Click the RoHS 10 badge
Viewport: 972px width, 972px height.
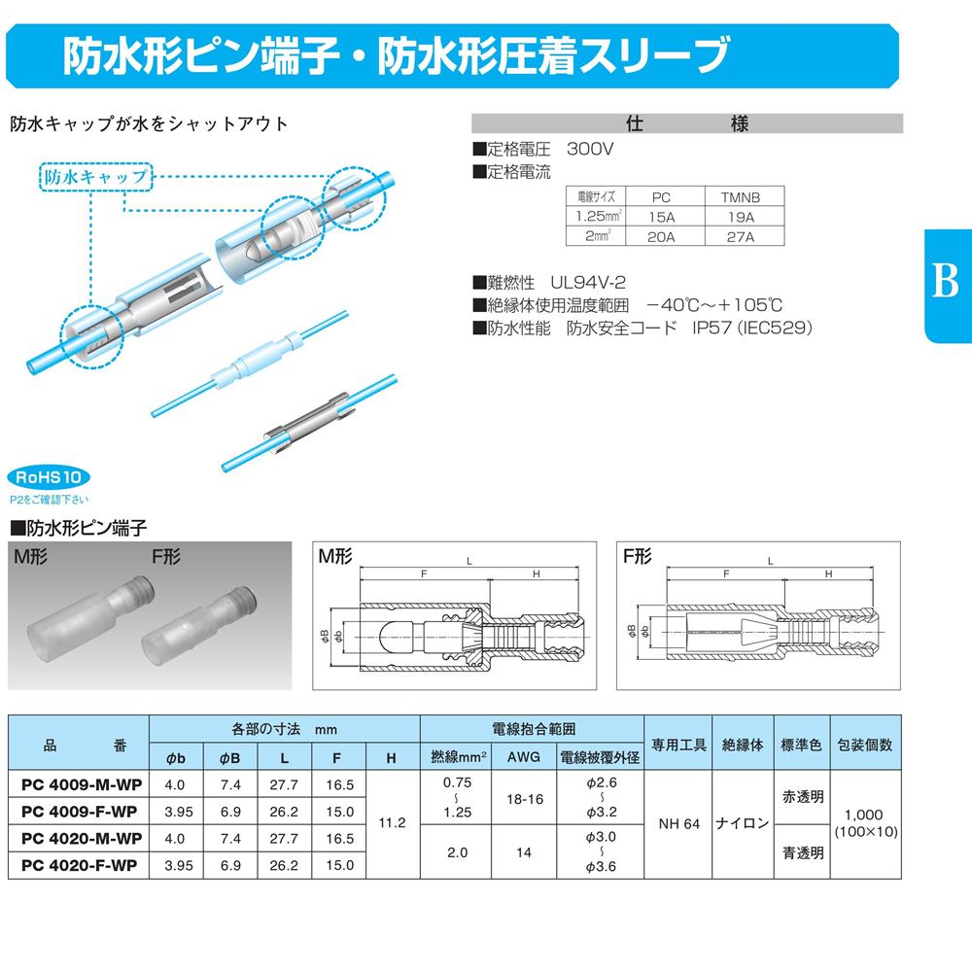pyautogui.click(x=49, y=477)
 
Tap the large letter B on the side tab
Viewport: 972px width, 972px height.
pyautogui.click(x=945, y=280)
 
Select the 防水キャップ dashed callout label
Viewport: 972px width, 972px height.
pyautogui.click(x=95, y=177)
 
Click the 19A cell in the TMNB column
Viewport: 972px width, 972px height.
pyautogui.click(x=741, y=217)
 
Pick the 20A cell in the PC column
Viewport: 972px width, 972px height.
pyautogui.click(x=661, y=237)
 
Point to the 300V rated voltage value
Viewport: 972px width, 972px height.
pyautogui.click(x=590, y=149)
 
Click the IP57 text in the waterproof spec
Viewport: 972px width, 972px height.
pyautogui.click(x=712, y=328)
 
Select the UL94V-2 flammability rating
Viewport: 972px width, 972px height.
pyautogui.click(x=588, y=283)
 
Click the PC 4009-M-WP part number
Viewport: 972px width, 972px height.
pyautogui.click(x=82, y=784)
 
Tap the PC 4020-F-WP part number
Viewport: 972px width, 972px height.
pyautogui.click(x=79, y=865)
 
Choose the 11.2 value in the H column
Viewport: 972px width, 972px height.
pyautogui.click(x=392, y=823)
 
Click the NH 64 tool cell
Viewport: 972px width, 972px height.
pyautogui.click(x=678, y=824)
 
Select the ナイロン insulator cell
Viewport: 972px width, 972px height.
pyautogui.click(x=742, y=823)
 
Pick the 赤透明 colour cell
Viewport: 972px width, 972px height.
pyautogui.click(x=803, y=797)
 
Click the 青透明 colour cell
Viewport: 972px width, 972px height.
pyautogui.click(x=803, y=853)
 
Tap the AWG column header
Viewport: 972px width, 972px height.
pyautogui.click(x=523, y=757)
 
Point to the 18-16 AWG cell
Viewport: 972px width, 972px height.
pyautogui.click(x=525, y=799)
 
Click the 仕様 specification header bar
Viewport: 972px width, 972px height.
pyautogui.click(x=687, y=123)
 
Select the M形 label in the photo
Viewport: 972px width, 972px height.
pyautogui.click(x=30, y=557)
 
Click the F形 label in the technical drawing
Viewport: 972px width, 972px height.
pyautogui.click(x=637, y=556)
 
